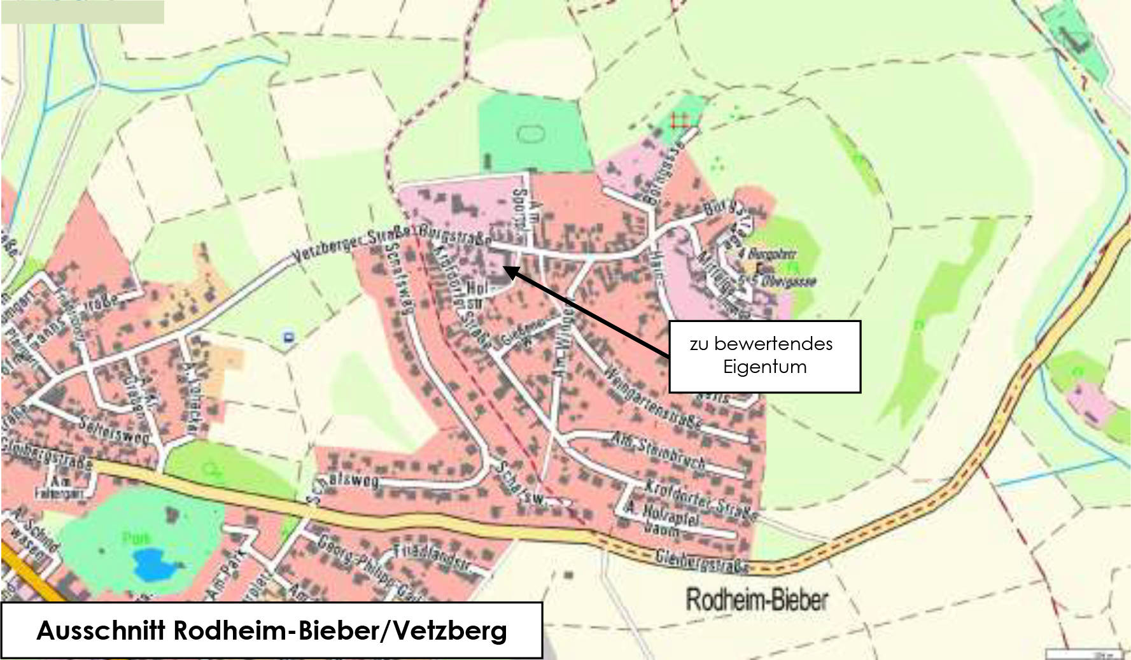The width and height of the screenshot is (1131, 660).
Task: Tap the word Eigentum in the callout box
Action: pyautogui.click(x=764, y=367)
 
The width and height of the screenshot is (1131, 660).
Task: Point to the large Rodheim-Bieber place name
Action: pyautogui.click(x=757, y=600)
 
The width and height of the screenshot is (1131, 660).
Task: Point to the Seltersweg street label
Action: pyautogui.click(x=115, y=430)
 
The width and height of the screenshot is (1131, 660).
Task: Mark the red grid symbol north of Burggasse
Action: pyautogui.click(x=679, y=120)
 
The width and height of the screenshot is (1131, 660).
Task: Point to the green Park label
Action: pyautogui.click(x=136, y=538)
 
